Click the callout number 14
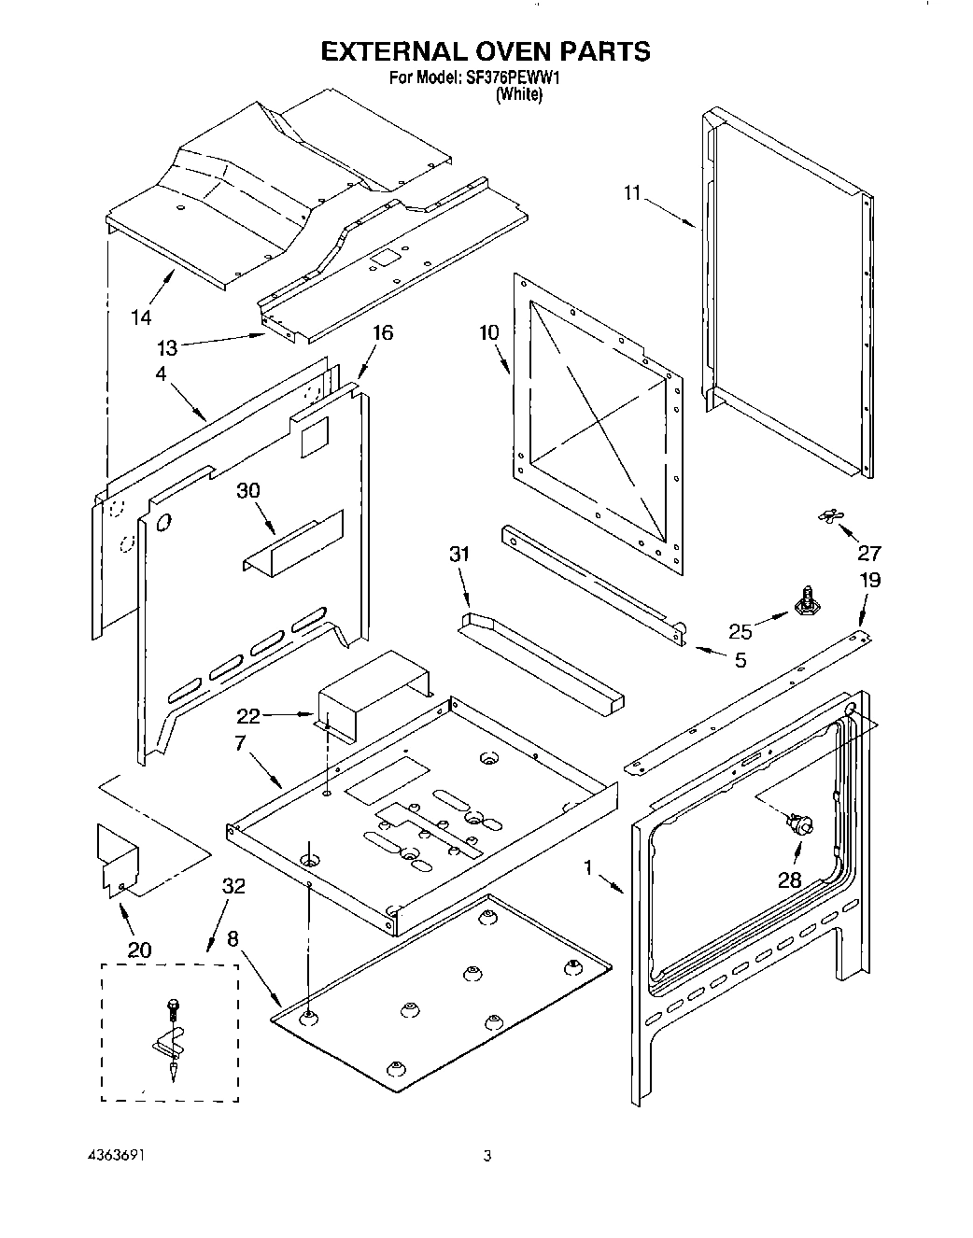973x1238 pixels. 140,318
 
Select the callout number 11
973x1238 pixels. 633,193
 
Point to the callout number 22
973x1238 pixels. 247,716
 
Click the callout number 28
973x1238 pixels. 789,880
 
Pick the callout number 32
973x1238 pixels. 233,886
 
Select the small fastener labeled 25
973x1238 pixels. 803,599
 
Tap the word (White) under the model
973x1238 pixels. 518,94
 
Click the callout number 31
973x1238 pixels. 458,555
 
